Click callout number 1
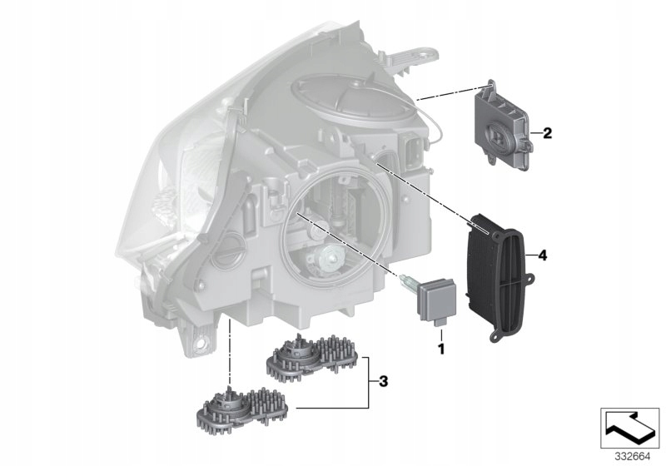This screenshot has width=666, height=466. coord(441,349)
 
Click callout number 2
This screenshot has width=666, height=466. coord(547,133)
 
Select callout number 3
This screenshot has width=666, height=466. coord(383,382)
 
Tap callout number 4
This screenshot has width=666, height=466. coord(543,255)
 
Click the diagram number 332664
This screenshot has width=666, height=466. coord(633,457)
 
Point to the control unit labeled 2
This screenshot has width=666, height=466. coord(503,125)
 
